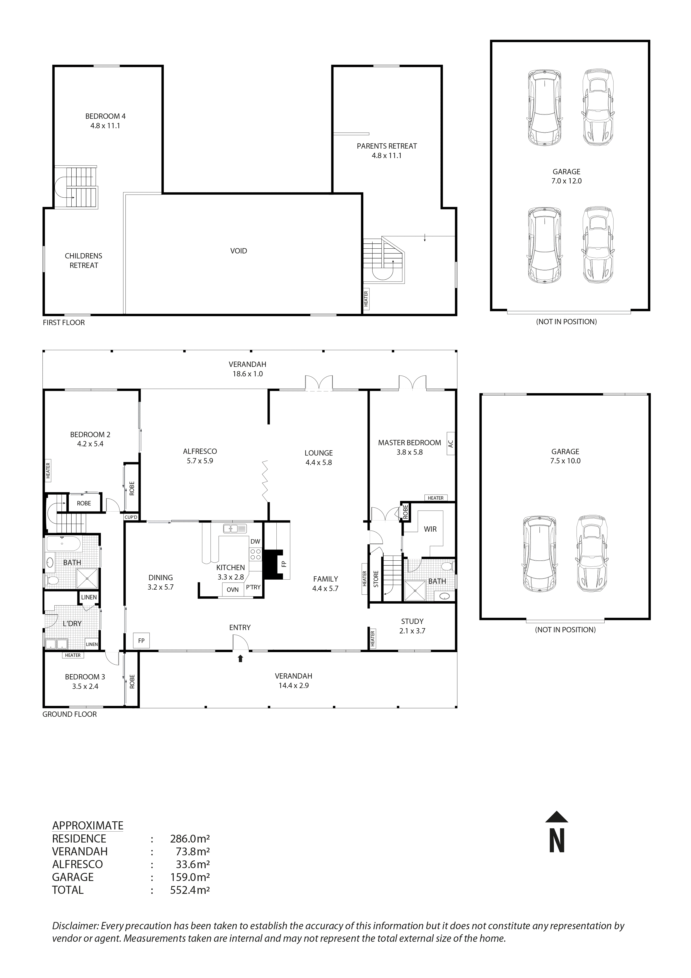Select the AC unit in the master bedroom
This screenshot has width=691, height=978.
(451, 444)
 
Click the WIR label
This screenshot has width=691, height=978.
(430, 529)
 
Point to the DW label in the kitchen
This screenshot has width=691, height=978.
(255, 541)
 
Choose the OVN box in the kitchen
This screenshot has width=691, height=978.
(232, 590)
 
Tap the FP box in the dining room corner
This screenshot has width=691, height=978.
(141, 641)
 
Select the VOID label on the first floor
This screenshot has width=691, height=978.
(239, 251)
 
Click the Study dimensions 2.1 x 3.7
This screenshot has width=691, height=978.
(412, 631)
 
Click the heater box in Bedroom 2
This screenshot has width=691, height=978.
(48, 471)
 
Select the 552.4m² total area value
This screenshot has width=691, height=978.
(190, 890)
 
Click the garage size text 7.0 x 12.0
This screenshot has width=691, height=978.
(566, 181)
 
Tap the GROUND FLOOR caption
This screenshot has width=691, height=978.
(69, 714)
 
